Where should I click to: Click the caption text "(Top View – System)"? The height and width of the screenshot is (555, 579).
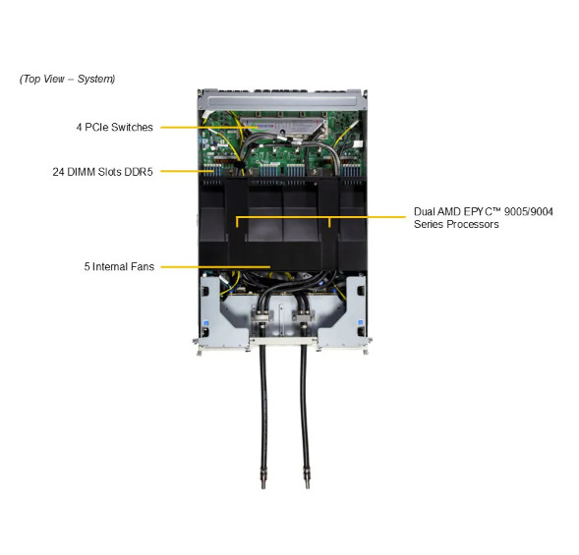pos(67,79)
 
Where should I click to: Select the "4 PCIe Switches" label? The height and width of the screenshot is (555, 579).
pos(114,128)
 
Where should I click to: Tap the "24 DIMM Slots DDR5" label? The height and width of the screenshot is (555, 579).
pos(102,172)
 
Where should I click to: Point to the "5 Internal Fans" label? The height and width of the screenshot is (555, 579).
pos(119,266)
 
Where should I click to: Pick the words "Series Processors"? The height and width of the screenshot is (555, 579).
pos(456,224)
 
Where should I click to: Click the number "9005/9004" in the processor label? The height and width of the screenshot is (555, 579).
pos(529,212)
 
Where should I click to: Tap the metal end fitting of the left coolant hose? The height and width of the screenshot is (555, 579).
pos(263,477)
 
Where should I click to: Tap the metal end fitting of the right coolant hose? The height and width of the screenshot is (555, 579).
pos(307,477)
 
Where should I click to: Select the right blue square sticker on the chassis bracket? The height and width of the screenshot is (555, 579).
pos(361,322)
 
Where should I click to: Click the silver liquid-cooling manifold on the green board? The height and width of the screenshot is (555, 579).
pos(283,127)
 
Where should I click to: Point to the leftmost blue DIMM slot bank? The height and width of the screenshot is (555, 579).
pos(213,170)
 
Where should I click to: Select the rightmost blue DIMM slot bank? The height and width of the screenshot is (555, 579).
pos(351,170)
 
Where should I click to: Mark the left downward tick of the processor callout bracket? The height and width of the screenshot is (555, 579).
pos(237,222)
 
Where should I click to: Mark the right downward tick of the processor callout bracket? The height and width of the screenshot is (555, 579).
pos(329,222)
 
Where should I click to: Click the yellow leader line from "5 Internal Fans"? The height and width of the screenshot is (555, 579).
pos(215,266)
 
